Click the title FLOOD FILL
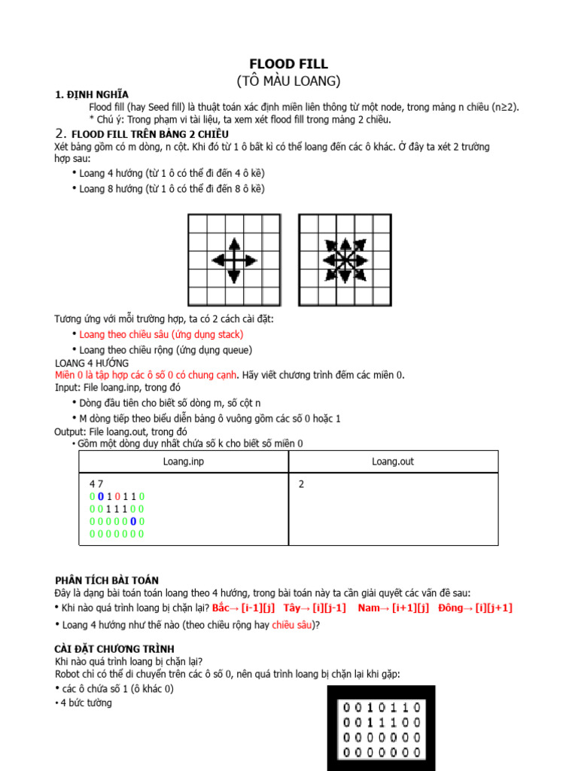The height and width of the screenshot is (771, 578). point(288,64)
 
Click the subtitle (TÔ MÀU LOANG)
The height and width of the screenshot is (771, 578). point(288,81)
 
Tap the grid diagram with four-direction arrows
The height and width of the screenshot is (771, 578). point(233,260)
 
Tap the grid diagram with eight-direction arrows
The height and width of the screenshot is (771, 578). point(345,260)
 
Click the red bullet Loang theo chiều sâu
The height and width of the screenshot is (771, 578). point(161,334)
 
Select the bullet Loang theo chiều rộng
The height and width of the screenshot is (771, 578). point(166,350)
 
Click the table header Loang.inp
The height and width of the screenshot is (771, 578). point(184,462)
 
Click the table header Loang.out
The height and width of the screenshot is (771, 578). point(393,462)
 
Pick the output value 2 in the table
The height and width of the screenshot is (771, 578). point(301,484)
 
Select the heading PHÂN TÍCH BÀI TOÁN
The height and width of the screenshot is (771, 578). point(107,580)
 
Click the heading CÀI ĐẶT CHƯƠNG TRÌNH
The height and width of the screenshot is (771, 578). point(114,648)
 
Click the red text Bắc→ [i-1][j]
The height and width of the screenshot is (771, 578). point(243,608)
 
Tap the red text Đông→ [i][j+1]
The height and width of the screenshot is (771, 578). point(475,608)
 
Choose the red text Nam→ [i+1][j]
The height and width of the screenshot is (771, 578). point(394,608)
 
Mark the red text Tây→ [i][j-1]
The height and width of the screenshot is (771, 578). point(315,608)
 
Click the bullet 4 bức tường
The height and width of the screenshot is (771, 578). point(86,702)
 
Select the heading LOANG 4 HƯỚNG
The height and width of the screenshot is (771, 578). point(92,363)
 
